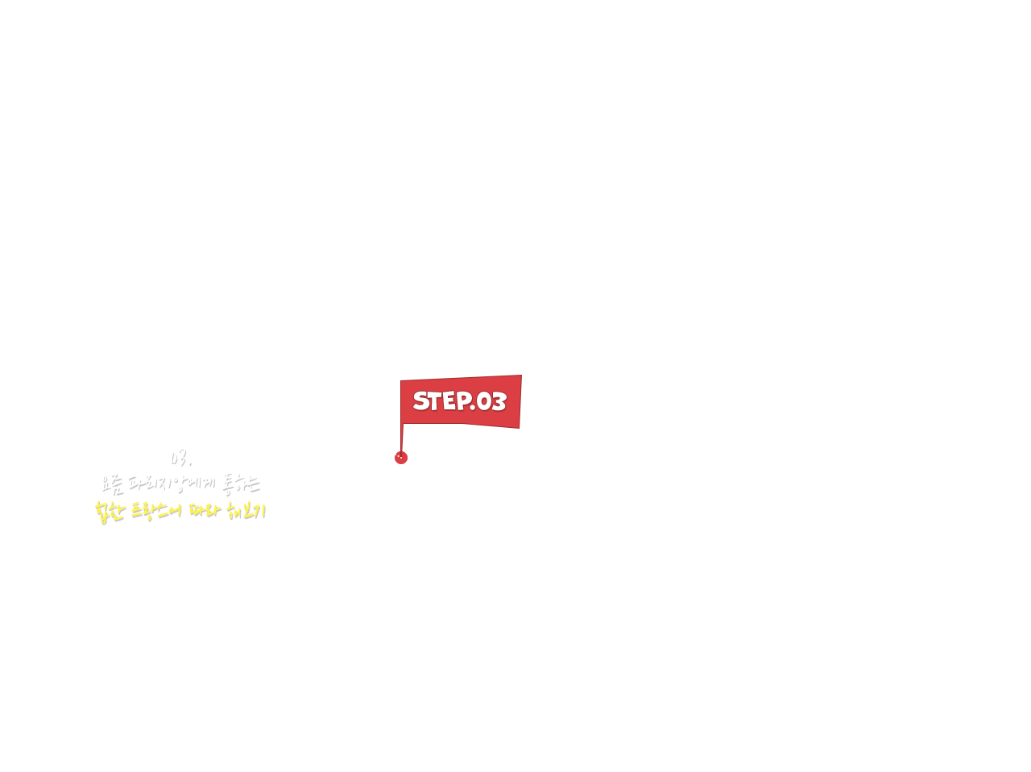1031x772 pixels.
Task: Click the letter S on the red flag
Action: coord(421,401)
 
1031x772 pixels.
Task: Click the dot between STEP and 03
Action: coord(473,408)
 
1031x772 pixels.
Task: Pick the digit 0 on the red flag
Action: coord(484,401)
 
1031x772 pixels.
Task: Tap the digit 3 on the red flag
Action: coord(499,401)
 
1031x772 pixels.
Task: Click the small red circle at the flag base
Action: coord(401,458)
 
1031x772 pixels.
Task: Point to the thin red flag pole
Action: coord(401,435)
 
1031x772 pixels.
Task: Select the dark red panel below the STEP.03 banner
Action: coord(467,442)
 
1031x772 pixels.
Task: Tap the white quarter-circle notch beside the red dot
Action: coord(410,450)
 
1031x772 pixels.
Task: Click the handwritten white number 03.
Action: coord(180,457)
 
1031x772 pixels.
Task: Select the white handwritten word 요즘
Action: coord(112,484)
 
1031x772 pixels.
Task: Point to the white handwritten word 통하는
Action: coord(241,484)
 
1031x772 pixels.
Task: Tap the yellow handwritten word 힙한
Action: coord(110,511)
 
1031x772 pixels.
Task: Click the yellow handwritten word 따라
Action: coord(204,511)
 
